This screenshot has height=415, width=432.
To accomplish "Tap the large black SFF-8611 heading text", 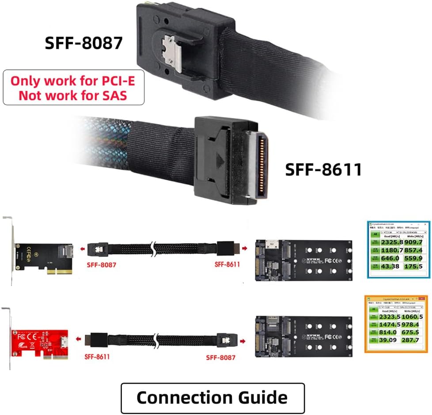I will (323, 169).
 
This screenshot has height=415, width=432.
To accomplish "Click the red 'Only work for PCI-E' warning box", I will (74, 87).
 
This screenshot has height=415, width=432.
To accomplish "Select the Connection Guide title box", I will (212, 397).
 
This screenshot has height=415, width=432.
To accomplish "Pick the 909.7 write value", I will (414, 242).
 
